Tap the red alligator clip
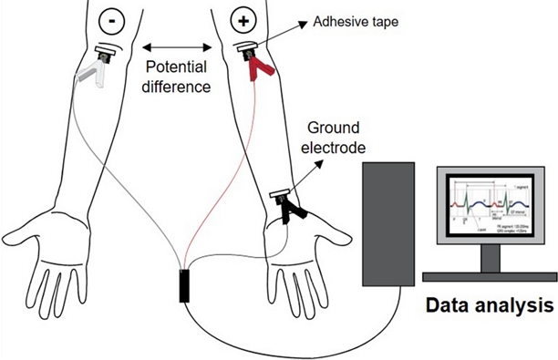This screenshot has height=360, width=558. coord(261,65)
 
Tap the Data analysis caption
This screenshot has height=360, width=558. coord(488,305)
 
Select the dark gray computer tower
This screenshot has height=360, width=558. coord(388,223)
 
